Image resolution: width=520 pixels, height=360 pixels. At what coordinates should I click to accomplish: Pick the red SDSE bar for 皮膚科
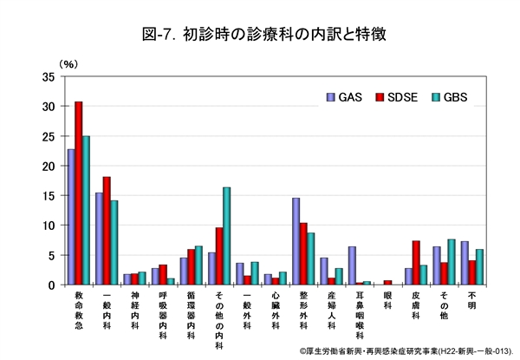click(x=416, y=262)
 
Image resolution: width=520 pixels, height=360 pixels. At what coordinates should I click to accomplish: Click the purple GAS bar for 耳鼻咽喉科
click(x=352, y=265)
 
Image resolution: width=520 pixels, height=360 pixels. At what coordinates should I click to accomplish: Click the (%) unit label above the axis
click(x=68, y=63)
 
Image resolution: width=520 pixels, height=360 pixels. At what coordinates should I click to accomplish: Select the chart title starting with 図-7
click(x=260, y=36)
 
